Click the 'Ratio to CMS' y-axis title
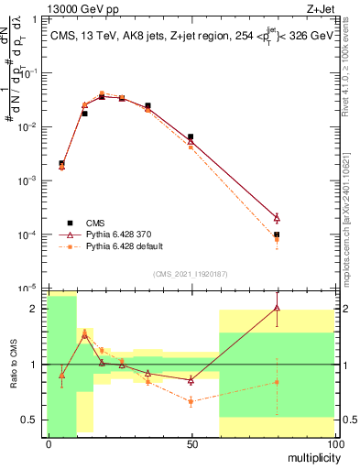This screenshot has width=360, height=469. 14,366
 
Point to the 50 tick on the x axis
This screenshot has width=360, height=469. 191,443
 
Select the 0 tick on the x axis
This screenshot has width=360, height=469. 49,443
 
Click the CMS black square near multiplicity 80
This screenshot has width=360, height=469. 277,234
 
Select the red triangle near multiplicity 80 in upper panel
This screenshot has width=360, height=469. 277,217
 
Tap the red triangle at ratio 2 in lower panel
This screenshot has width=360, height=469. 277,308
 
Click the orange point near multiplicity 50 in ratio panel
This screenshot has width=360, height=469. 191,401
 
